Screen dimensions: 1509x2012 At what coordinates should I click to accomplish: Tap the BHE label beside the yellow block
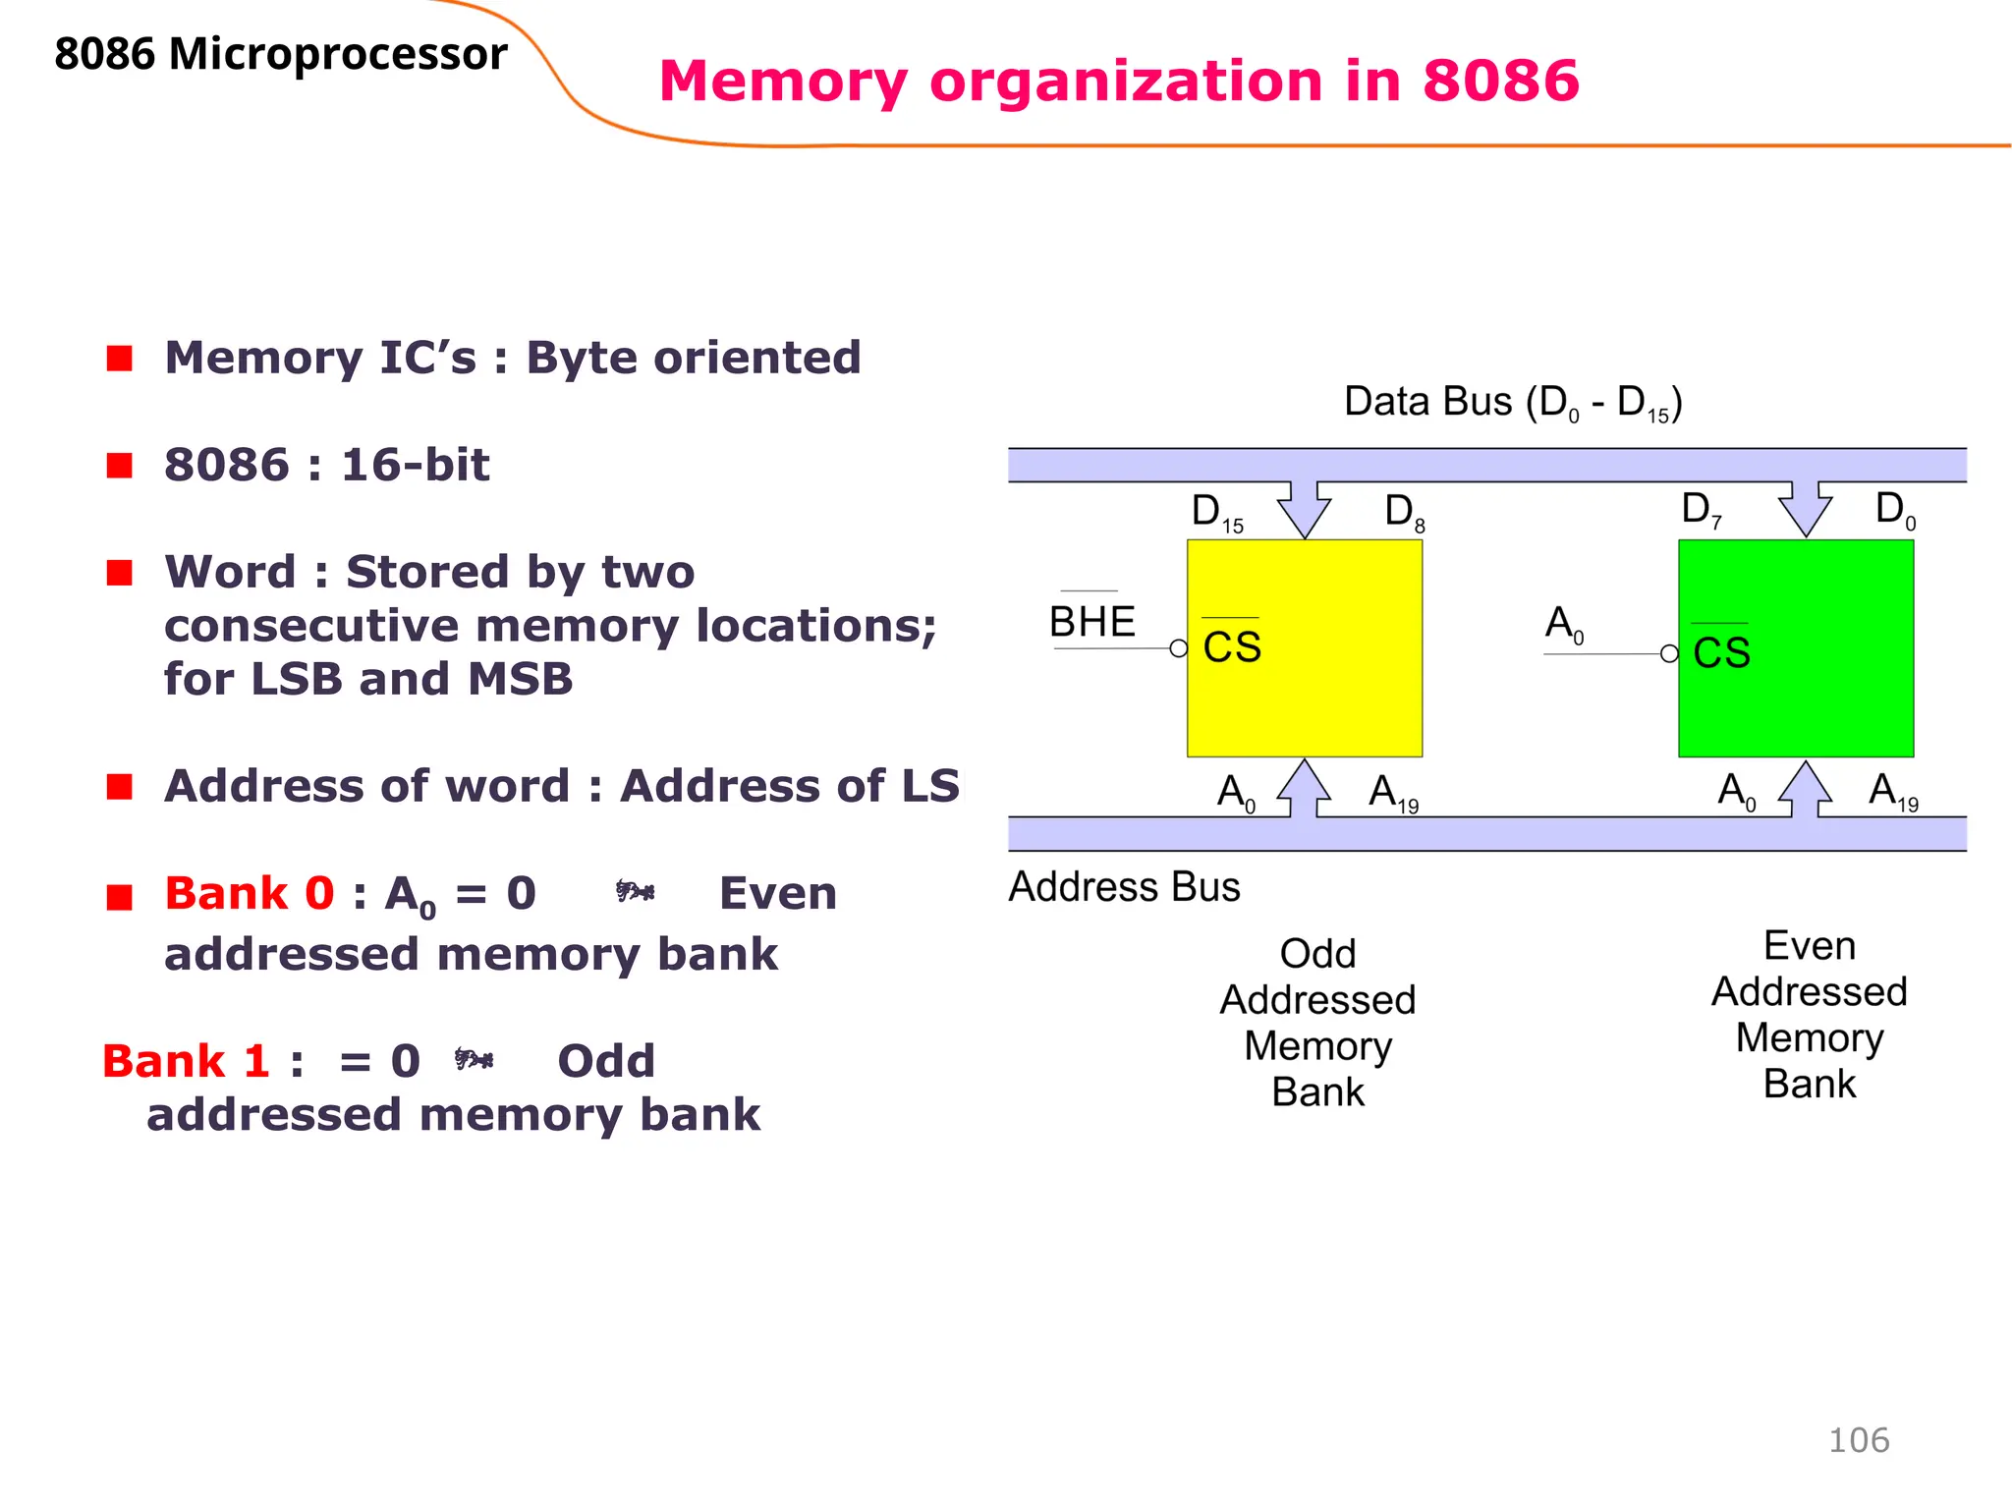point(1091,622)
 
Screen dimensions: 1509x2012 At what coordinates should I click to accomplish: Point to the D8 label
point(1404,513)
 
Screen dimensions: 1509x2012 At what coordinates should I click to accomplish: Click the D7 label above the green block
point(1701,511)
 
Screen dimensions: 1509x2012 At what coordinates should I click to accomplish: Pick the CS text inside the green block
point(1721,653)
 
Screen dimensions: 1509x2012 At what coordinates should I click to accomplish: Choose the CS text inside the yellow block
point(1232,648)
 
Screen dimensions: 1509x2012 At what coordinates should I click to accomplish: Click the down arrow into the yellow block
point(1304,509)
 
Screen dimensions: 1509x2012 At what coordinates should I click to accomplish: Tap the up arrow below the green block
point(1805,788)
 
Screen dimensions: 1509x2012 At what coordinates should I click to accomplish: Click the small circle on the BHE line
point(1179,648)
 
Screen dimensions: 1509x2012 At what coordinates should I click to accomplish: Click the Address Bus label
point(1124,887)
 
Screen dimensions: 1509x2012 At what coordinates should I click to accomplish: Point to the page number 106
point(1858,1440)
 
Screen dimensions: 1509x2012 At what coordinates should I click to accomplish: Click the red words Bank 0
point(250,894)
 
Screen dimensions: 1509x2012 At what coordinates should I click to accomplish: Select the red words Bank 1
point(186,1062)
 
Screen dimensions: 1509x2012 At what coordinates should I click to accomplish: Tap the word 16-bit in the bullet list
point(415,465)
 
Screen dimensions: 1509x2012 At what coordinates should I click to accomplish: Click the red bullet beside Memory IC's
point(120,359)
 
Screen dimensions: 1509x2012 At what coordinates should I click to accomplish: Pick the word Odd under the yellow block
point(1317,954)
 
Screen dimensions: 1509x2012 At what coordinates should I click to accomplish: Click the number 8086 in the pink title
point(1500,81)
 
